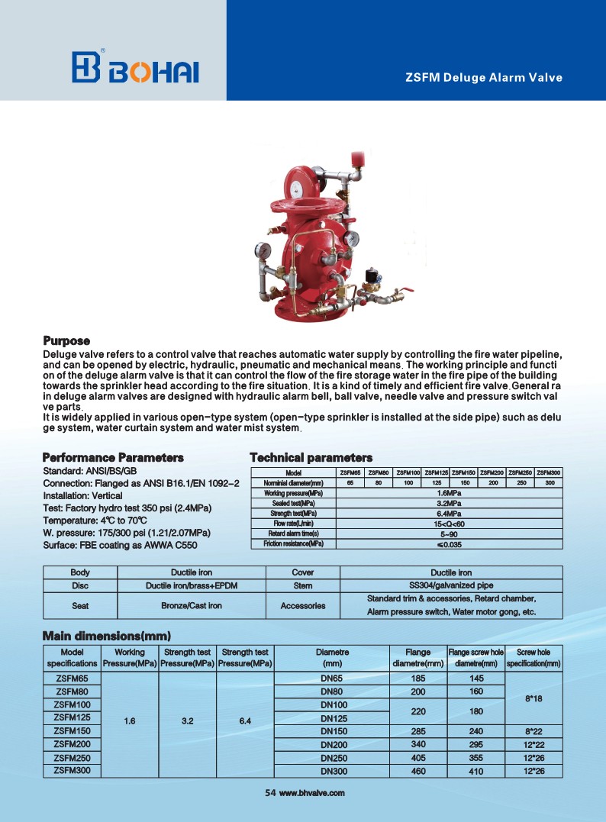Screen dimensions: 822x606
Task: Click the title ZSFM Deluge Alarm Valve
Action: pyautogui.click(x=483, y=77)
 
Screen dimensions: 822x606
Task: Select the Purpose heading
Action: pyautogui.click(x=66, y=340)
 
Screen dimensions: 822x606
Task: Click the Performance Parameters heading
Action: pyautogui.click(x=113, y=457)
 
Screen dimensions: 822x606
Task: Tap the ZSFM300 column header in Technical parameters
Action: pyautogui.click(x=549, y=472)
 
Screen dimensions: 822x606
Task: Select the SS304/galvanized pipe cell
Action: pyautogui.click(x=451, y=585)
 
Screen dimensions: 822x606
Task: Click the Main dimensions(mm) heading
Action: pyautogui.click(x=106, y=636)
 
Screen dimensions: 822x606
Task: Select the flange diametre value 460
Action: pyautogui.click(x=417, y=771)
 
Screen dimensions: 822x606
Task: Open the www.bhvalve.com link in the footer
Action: pyautogui.click(x=312, y=793)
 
